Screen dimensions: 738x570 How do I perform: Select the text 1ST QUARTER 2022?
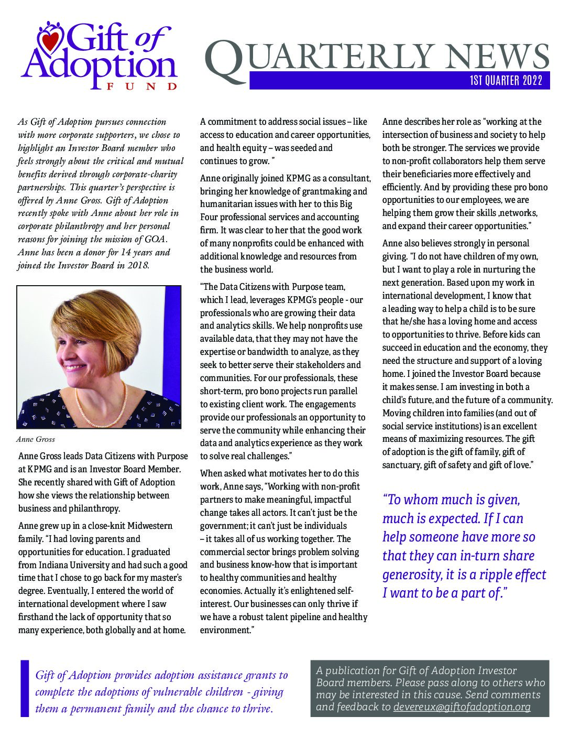pos(506,81)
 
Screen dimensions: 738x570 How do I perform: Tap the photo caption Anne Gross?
pos(35,439)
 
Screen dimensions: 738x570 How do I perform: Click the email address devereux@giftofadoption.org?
pos(462,707)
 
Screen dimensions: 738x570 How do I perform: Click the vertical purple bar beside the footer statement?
pos(25,688)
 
